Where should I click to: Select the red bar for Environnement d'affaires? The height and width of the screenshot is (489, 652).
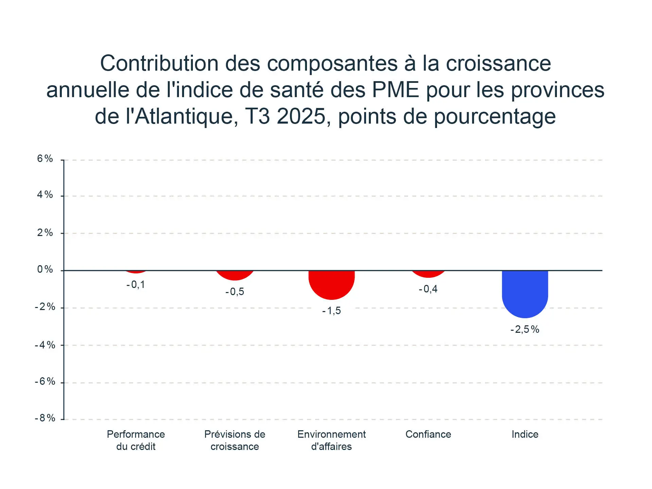(x=331, y=284)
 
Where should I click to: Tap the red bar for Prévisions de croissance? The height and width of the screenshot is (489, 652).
(x=235, y=275)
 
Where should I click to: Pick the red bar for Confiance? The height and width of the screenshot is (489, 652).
(x=428, y=274)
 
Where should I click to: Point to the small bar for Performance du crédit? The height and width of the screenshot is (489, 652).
(x=136, y=272)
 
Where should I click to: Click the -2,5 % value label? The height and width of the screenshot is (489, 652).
(x=525, y=329)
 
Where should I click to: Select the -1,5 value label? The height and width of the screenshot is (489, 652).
(x=331, y=311)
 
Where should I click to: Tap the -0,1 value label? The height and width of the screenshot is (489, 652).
(x=136, y=285)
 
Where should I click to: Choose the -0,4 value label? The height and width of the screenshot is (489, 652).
(x=428, y=289)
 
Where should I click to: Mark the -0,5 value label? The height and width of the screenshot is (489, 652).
(x=235, y=292)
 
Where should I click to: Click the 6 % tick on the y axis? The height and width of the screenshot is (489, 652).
(x=45, y=159)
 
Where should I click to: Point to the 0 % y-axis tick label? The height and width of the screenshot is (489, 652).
(x=45, y=269)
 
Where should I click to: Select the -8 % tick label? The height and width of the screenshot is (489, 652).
(x=45, y=418)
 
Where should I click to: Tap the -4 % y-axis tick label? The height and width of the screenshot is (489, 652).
(x=45, y=345)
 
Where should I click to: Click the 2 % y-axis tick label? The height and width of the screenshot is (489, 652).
(x=45, y=233)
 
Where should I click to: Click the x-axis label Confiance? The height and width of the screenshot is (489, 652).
(x=428, y=434)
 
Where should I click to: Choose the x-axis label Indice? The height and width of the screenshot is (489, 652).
(x=525, y=434)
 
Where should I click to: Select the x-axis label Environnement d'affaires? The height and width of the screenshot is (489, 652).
(x=331, y=440)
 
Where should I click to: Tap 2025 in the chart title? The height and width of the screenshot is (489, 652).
(x=301, y=116)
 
